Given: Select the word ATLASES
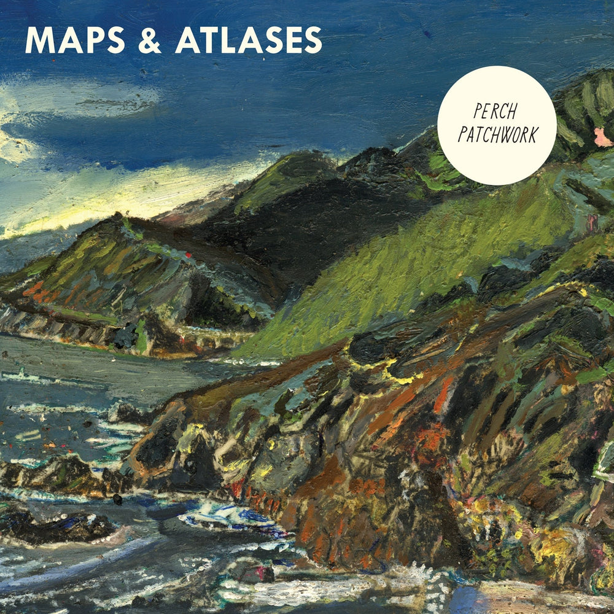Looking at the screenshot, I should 249,41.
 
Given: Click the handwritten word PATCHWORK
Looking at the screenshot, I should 498,135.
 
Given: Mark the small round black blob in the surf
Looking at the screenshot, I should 117,500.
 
